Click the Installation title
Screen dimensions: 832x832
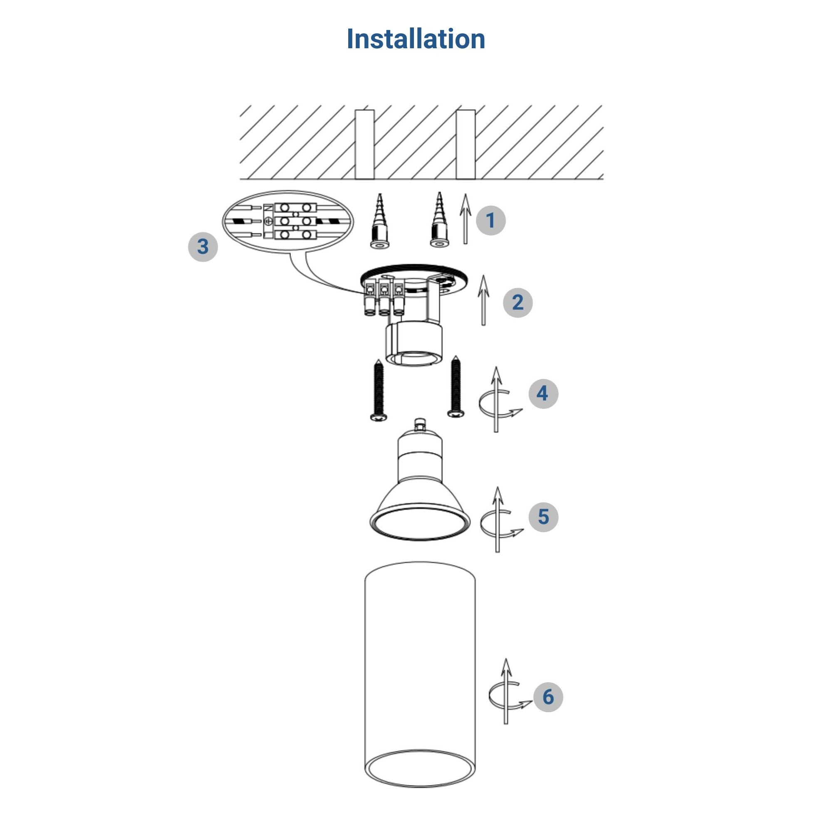416,39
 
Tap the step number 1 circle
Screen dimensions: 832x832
490,220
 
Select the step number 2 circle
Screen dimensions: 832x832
518,303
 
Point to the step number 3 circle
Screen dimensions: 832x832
203,247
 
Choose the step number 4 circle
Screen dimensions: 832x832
543,393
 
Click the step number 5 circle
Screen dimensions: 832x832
543,516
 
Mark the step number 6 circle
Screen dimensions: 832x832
548,696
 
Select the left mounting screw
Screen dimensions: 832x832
379,390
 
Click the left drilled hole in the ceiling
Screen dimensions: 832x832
364,144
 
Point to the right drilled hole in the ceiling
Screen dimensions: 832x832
466,144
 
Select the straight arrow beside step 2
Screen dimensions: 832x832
484,300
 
